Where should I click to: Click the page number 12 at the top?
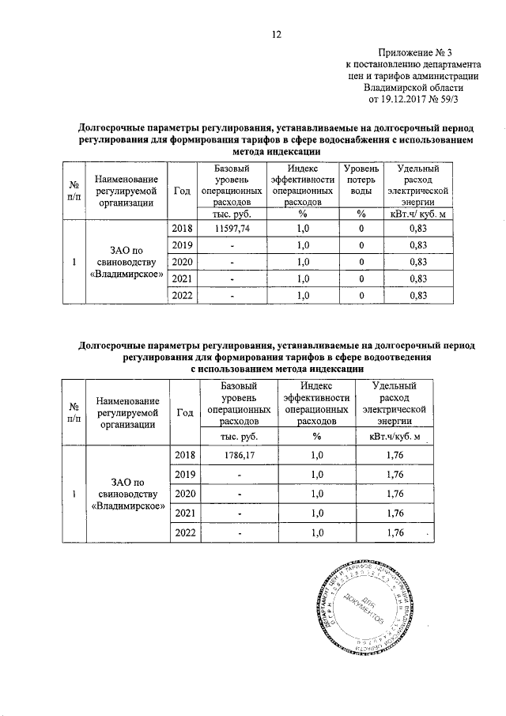tap(277, 34)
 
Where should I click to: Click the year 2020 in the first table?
tap(183, 262)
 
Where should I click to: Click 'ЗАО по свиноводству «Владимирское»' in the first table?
tap(127, 262)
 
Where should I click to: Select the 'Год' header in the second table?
tap(183, 412)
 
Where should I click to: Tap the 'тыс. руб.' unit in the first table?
tap(232, 212)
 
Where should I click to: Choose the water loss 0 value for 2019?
tap(360, 244)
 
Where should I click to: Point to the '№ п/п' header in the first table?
tap(74, 191)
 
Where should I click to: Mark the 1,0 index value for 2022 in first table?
tap(301, 295)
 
